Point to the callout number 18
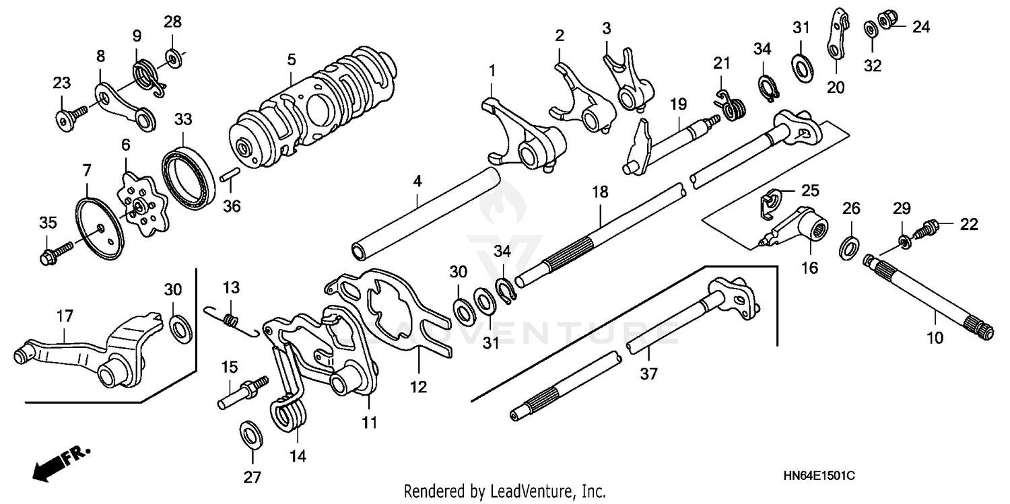[599, 192]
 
